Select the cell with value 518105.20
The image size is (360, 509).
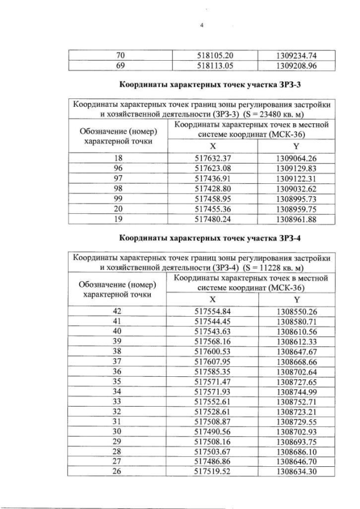tap(213, 55)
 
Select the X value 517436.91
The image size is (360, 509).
tap(213, 176)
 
